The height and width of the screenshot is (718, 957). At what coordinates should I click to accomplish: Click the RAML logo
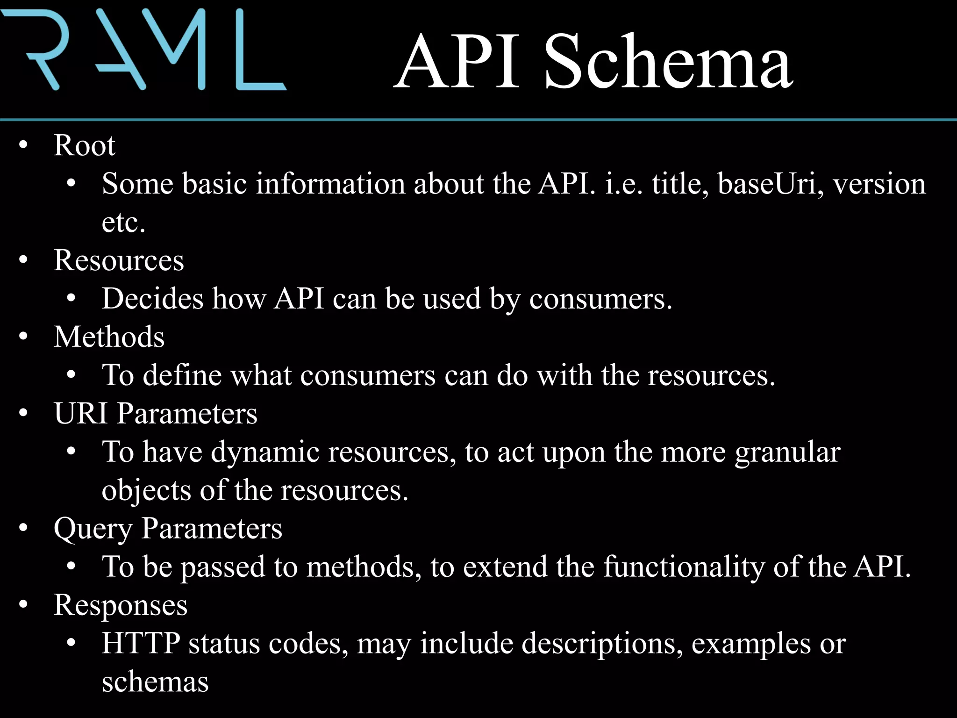coord(143,49)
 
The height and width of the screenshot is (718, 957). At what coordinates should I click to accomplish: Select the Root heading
coord(84,145)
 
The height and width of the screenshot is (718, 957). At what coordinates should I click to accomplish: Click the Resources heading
coord(119,260)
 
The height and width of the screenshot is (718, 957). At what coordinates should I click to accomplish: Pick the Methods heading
coord(109,337)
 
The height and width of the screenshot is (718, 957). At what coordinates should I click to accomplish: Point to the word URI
coord(81,414)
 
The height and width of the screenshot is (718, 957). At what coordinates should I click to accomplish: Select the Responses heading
coord(121,605)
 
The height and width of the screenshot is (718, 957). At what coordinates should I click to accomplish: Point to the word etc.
coord(123,223)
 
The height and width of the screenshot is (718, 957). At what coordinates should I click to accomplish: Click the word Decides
coord(153,299)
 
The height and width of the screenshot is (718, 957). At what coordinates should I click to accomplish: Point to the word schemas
coord(155,682)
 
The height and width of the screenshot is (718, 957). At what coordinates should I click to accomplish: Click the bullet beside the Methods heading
coord(24,337)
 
